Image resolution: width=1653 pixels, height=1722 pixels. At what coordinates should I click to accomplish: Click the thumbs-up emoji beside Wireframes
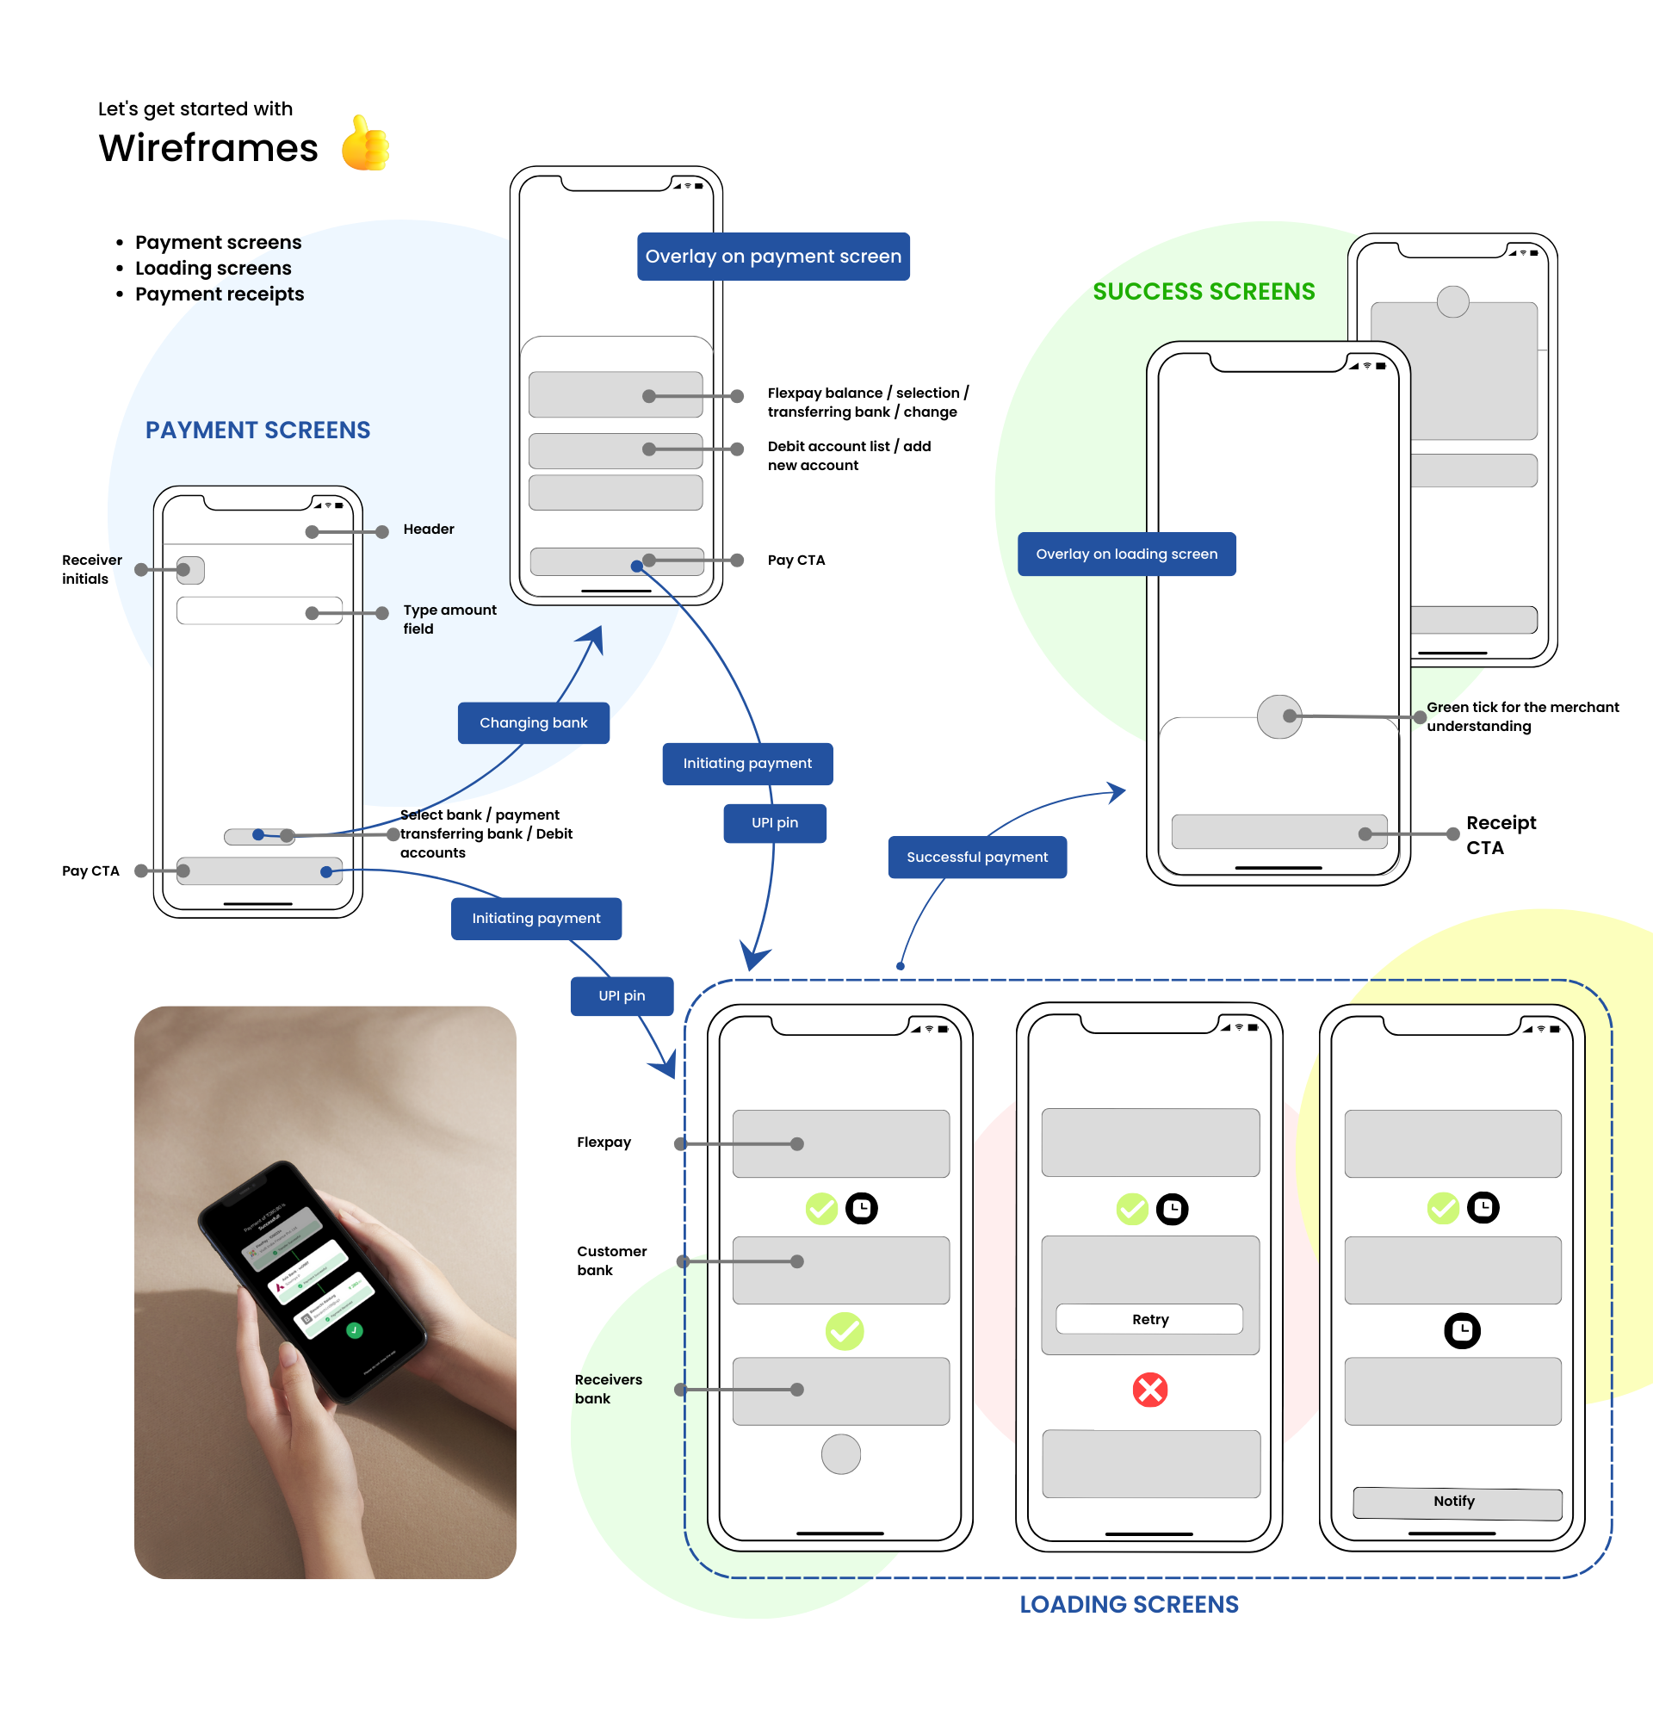coord(364,143)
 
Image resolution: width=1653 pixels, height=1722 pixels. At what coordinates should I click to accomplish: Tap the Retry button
coord(1148,1319)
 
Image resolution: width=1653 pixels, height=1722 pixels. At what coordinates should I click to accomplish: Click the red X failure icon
coord(1148,1390)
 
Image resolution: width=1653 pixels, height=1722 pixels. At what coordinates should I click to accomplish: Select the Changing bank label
coord(533,722)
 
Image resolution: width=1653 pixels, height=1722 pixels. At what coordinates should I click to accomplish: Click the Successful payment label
coord(976,857)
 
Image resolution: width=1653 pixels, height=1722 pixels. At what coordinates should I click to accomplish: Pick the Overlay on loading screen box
coord(1126,554)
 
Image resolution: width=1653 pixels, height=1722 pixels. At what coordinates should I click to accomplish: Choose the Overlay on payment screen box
coord(773,257)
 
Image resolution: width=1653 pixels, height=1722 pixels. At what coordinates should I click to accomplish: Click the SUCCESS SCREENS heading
coord(1204,292)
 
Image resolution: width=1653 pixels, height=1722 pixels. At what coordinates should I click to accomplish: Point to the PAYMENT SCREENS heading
coord(257,430)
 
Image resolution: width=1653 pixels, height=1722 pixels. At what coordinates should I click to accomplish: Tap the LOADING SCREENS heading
coord(1129,1604)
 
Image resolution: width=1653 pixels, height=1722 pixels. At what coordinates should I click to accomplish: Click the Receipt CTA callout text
coord(1500,834)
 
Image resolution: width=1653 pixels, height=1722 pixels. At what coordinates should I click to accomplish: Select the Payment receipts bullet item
coord(220,294)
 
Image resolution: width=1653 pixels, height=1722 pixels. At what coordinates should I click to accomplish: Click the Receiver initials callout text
coord(91,569)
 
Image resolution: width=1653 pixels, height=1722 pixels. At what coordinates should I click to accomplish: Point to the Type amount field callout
coord(449,618)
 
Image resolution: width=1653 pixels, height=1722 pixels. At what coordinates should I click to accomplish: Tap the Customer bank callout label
coord(611,1260)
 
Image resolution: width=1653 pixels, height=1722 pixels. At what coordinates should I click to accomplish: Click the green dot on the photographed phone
coord(354,1330)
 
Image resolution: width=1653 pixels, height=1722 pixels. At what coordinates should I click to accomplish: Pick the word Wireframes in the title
coord(208,147)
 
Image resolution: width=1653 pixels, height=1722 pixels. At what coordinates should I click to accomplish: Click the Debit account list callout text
coord(849,456)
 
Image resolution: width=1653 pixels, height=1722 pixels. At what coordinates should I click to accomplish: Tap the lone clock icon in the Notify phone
coord(1462,1330)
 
